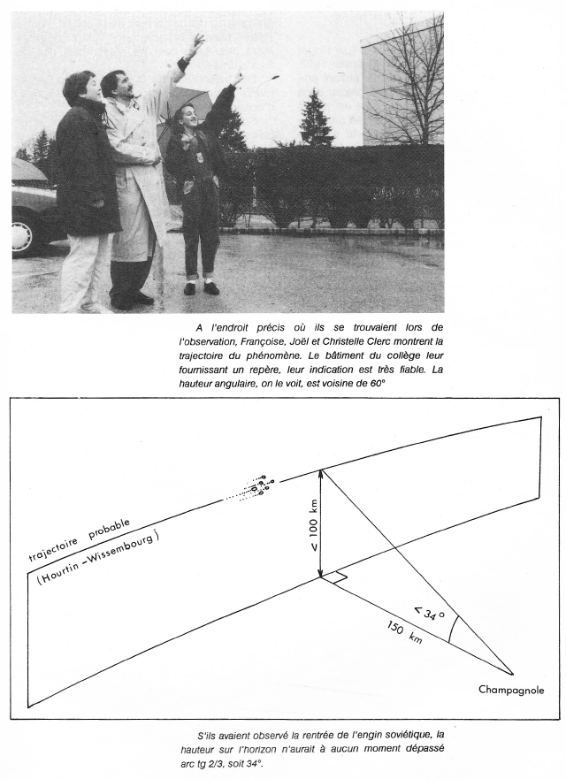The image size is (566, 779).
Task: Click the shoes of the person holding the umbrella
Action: (201, 288)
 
